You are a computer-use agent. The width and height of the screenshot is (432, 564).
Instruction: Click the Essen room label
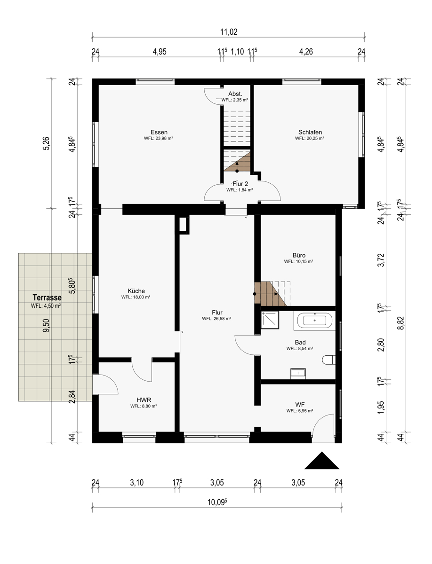pos(159,132)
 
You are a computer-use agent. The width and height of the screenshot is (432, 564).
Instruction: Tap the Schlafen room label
pos(310,132)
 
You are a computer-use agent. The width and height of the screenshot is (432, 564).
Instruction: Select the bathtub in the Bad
pos(315,321)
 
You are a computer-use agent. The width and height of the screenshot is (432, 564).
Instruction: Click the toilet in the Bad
pos(328,360)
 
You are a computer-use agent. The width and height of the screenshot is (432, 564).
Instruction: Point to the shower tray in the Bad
pos(270,320)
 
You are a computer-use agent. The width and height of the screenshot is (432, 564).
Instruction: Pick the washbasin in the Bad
pos(298,373)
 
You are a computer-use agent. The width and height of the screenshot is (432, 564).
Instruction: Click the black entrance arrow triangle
pos(321,460)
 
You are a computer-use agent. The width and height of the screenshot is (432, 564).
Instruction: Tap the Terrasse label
pos(47,298)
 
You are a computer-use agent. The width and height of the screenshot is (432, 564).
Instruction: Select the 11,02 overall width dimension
pos(229,32)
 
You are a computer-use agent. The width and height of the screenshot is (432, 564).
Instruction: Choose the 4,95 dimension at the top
pos(160,52)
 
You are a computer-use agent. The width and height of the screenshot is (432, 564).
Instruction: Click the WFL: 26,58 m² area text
pos(216,319)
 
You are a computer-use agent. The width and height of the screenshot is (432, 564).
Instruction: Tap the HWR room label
pos(144,400)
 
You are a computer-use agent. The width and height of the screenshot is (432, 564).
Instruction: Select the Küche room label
pos(136,291)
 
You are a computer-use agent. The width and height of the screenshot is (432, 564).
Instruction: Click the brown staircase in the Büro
pos(270,294)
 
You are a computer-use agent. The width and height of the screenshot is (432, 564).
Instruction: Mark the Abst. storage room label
pos(235,94)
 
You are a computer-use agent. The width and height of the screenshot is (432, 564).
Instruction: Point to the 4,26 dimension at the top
pos(306,52)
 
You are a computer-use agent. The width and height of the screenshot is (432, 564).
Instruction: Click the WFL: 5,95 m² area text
pos(300,411)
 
